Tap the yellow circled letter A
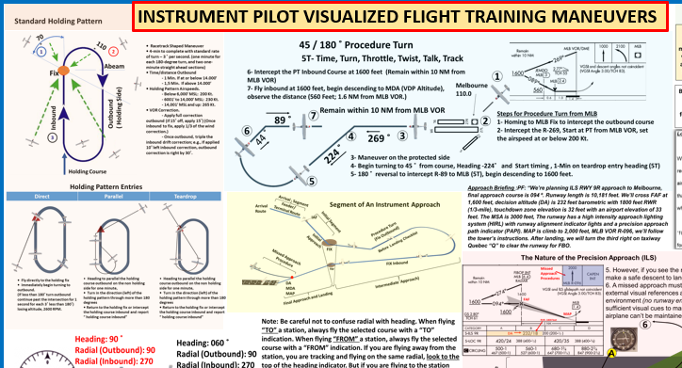tap(611, 361)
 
